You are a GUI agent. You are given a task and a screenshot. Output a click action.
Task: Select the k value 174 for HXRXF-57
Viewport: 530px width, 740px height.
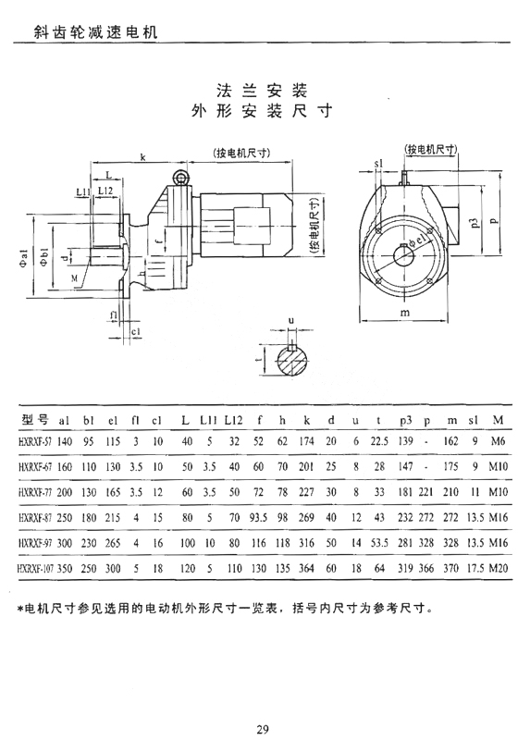pyautogui.click(x=306, y=441)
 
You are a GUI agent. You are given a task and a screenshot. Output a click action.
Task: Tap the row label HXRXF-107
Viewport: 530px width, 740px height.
pyautogui.click(x=36, y=569)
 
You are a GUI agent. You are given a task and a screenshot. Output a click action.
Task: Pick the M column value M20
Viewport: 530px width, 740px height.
pyautogui.click(x=499, y=568)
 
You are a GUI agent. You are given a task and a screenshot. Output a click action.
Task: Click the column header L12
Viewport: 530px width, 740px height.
pyautogui.click(x=233, y=420)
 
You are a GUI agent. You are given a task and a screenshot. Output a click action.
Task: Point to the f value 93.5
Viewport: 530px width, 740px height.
pyautogui.click(x=258, y=518)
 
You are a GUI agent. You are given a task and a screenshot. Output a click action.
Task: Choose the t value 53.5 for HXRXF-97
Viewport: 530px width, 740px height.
pyautogui.click(x=379, y=543)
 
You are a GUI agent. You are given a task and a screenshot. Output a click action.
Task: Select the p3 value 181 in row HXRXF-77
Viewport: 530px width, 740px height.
pyautogui.click(x=405, y=492)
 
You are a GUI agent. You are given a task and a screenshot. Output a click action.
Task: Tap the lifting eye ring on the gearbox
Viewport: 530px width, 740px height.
pyautogui.click(x=179, y=177)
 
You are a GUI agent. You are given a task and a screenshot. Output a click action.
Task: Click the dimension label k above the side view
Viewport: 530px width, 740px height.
pyautogui.click(x=142, y=156)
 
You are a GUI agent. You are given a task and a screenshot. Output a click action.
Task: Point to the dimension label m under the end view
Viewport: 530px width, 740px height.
pyautogui.click(x=405, y=312)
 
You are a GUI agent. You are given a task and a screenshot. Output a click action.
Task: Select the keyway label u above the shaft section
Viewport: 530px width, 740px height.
pyautogui.click(x=291, y=321)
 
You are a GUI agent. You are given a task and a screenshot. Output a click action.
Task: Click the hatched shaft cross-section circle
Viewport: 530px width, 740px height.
pyautogui.click(x=292, y=362)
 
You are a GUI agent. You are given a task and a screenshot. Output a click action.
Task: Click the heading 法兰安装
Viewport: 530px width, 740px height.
pyautogui.click(x=262, y=90)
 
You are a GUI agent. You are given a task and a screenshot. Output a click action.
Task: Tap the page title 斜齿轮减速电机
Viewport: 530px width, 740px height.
pyautogui.click(x=96, y=32)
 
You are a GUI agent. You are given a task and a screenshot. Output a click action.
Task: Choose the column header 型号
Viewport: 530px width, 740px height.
pyautogui.click(x=35, y=419)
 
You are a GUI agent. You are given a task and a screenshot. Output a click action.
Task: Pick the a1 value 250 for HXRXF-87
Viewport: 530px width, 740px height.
pyautogui.click(x=65, y=518)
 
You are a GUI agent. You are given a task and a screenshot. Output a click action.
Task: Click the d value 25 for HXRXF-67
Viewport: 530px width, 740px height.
pyautogui.click(x=331, y=467)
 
